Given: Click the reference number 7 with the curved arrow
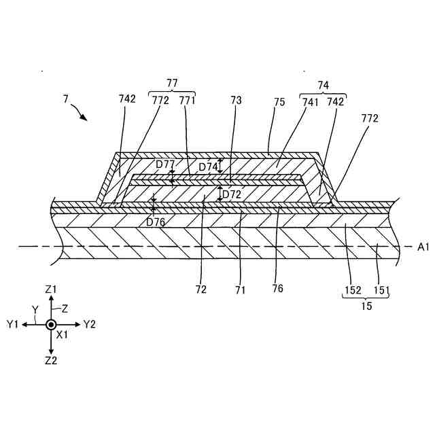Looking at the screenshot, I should (66, 99).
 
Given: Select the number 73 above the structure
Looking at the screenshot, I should (236, 99).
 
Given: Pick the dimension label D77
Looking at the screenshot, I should (164, 164).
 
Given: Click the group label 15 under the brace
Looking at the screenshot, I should (366, 307).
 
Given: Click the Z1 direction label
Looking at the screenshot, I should (51, 289).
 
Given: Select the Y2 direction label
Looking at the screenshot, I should (90, 325).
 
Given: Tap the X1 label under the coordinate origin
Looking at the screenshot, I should (63, 335).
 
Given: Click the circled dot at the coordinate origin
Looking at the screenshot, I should (51, 325).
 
